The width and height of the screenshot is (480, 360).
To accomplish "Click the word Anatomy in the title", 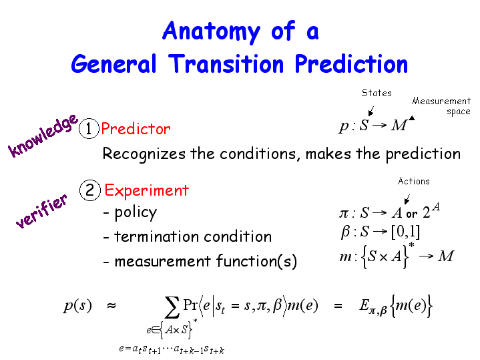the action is coord(211,32).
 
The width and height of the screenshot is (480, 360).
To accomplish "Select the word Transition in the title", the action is coord(226,63).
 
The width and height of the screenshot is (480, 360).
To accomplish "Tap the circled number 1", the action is coord(89,128).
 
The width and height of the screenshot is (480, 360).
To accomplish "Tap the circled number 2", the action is coord(90,190).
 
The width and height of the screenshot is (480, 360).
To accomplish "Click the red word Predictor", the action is coord(136,129).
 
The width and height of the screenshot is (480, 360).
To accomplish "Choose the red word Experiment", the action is coord(147,191).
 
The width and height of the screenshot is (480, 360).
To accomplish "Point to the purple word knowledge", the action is coord(43,136).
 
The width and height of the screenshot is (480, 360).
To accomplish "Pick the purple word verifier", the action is coord(41,211).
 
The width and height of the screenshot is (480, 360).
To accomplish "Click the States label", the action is coord(377,93).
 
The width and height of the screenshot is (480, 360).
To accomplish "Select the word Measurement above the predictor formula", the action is coord(441,101).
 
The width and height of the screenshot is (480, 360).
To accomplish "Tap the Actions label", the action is coord(413,181).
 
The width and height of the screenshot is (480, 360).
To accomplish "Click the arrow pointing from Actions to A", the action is coord(407,199).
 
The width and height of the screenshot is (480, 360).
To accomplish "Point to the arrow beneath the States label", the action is coord(371,111).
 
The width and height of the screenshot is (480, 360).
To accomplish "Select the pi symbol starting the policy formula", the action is coord(344,213).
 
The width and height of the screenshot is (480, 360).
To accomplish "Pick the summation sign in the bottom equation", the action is coord(172,308).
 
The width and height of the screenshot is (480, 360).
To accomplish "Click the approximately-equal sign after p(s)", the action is coord(111,305).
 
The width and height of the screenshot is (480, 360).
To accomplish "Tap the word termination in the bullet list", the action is coord(157,236).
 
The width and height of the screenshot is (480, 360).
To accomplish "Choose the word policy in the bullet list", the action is coord(136,213).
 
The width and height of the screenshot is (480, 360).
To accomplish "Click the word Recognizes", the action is coord(144,154).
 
